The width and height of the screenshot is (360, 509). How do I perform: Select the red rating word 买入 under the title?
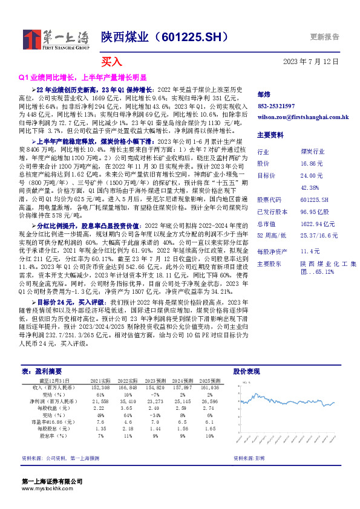click(111, 62)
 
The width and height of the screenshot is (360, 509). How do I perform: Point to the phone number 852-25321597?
click(277, 106)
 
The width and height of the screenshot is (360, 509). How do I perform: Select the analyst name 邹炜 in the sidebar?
click(263, 94)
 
